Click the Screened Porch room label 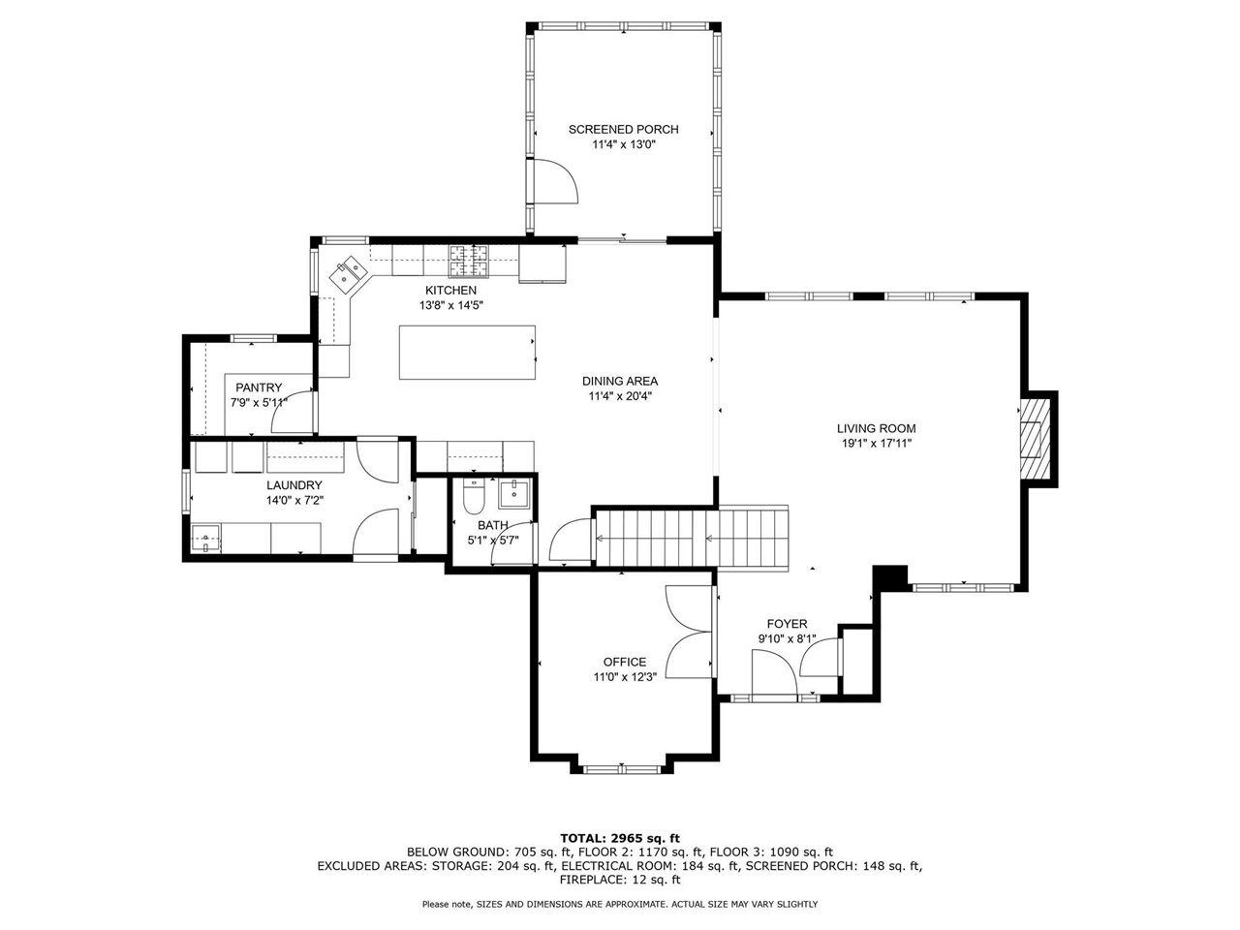point(623,129)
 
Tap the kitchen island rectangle point(467,353)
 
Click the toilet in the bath point(474,498)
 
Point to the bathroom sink point(512,494)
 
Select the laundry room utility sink point(205,538)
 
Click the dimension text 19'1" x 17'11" point(876,444)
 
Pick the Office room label point(624,662)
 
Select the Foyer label point(787,624)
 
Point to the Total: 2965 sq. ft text point(620,837)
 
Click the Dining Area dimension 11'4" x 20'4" point(619,395)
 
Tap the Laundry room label point(294,485)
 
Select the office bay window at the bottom point(621,769)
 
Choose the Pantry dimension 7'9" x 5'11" point(258,402)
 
